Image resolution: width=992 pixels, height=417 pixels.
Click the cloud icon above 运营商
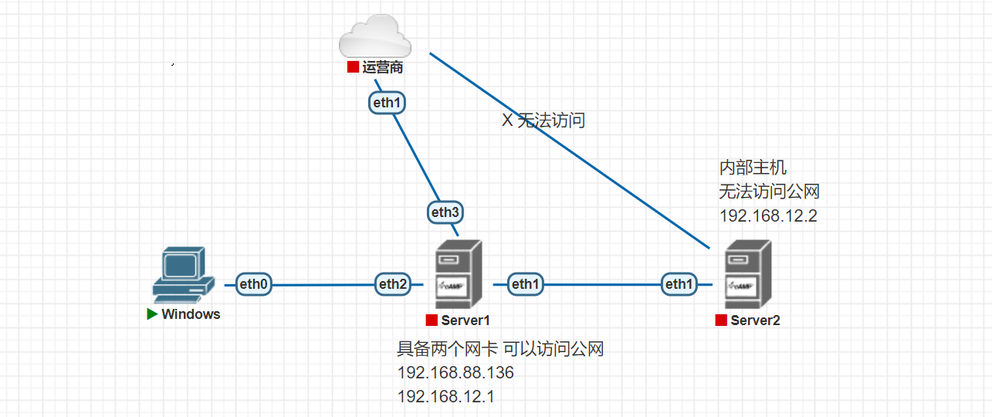[374, 37]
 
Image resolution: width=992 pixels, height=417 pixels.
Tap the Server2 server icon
[748, 274]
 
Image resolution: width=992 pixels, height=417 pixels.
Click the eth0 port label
[255, 285]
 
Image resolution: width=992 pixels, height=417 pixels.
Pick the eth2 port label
[392, 285]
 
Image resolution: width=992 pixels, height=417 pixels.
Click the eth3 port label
[445, 212]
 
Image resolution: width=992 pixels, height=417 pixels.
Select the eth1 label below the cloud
[387, 102]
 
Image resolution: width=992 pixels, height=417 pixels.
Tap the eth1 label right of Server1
[525, 285]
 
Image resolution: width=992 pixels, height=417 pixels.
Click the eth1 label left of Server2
[679, 285]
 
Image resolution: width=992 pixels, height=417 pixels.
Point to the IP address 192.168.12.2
[768, 215]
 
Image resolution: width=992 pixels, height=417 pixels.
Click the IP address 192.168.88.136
[455, 373]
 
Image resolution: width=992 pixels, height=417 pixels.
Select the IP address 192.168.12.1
[446, 397]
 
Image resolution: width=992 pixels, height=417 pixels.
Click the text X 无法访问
[543, 120]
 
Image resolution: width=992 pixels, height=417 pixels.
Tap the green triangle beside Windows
[153, 314]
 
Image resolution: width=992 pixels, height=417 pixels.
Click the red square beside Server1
[432, 320]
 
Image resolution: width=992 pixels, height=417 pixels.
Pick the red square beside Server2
[721, 320]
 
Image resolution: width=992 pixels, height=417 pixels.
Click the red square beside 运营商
[353, 67]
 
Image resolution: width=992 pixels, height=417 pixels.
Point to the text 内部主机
[753, 168]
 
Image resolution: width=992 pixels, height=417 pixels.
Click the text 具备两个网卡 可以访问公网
[500, 349]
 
